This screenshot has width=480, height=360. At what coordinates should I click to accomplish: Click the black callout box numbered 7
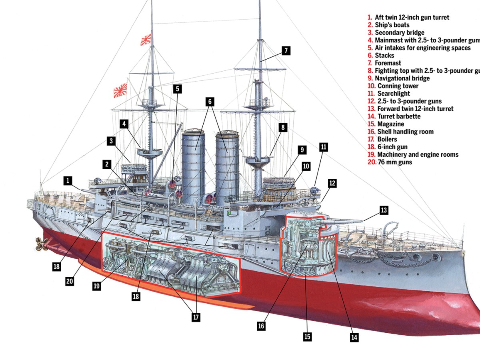[x=286, y=51]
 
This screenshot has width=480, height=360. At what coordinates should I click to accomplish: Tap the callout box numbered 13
[x=384, y=210]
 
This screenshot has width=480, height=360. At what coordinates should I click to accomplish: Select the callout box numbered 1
[x=68, y=181]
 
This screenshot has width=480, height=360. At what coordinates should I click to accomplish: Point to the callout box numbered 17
[x=196, y=317]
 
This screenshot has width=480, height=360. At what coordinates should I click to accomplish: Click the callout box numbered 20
[x=70, y=281]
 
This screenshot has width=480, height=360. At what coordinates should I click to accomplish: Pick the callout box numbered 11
[x=324, y=147]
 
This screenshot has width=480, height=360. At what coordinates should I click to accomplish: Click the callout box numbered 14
[x=354, y=337]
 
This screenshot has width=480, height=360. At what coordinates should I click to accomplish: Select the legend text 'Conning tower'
[x=398, y=86]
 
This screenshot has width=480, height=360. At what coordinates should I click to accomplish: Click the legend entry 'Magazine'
[x=390, y=124]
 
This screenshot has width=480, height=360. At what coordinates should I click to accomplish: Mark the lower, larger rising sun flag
[x=120, y=90]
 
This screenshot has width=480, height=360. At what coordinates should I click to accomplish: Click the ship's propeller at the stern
[x=42, y=242]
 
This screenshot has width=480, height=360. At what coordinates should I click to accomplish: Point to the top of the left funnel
[x=193, y=132]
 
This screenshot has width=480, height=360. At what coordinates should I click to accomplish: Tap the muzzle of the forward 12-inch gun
[x=362, y=220]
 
